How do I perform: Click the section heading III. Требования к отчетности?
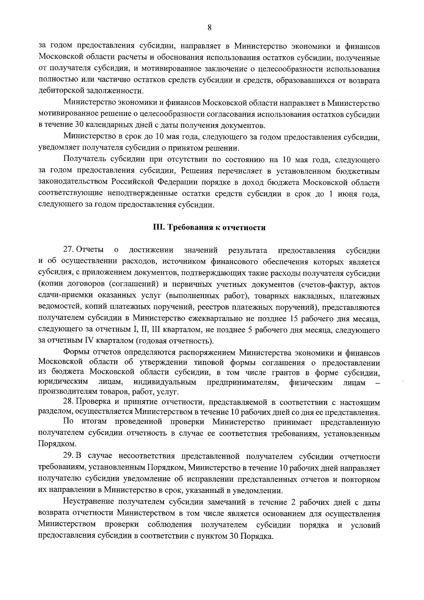(209, 228)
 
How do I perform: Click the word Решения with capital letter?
(196, 171)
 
